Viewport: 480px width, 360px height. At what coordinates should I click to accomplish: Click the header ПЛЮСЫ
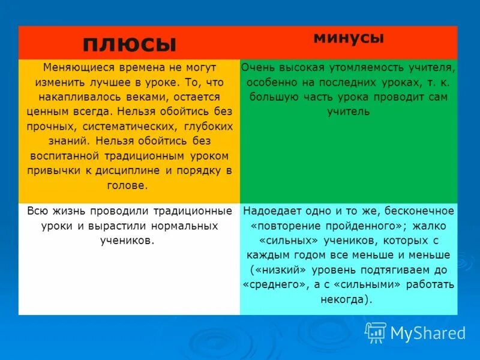(x=129, y=44)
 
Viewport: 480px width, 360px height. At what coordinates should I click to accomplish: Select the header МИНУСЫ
(x=348, y=38)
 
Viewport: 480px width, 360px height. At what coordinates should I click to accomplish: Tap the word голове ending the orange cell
(x=127, y=185)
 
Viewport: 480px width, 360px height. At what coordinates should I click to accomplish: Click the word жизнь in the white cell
(x=68, y=211)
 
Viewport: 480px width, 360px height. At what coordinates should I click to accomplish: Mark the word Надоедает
(x=271, y=211)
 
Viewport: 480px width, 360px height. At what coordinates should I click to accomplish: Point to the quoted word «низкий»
(x=280, y=269)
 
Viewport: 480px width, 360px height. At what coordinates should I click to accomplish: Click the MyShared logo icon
(x=376, y=332)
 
